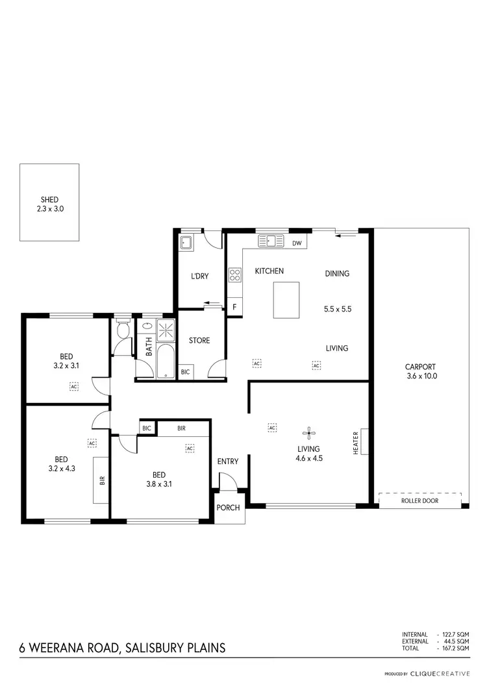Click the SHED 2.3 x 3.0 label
[49, 204]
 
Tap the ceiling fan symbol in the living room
[309, 434]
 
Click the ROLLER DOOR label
[421, 500]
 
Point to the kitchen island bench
[286, 300]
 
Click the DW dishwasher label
[297, 243]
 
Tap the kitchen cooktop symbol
[234, 275]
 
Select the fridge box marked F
[234, 306]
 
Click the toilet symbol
[121, 331]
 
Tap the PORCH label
[228, 508]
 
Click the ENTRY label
[228, 461]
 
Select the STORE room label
[199, 340]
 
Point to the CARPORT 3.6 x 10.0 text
[420, 371]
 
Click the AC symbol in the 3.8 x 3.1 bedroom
[190, 448]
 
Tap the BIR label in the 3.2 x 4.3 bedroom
[102, 480]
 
